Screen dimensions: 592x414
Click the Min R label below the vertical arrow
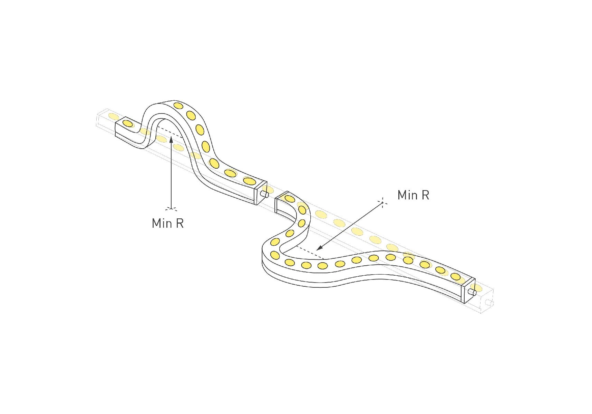click(x=168, y=223)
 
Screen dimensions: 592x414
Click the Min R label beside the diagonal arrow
click(x=413, y=195)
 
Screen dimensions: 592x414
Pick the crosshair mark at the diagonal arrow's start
click(x=382, y=203)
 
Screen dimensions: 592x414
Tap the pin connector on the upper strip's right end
click(x=265, y=195)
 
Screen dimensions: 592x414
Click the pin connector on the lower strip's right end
click(x=472, y=293)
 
